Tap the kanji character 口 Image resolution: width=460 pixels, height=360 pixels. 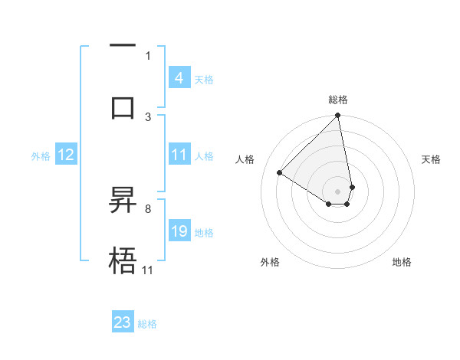coord(123,106)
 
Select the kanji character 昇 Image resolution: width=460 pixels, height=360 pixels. coord(123,201)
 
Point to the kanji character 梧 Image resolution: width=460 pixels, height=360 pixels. coord(123,260)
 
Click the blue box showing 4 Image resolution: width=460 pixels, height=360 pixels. coord(179,77)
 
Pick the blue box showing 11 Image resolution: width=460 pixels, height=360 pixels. coord(179,155)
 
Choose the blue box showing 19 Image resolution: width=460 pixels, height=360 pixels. coord(179,231)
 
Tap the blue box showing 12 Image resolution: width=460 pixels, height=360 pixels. coord(66,155)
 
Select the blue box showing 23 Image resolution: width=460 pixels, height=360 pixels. coord(123,322)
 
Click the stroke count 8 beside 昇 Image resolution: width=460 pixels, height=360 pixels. coord(147,208)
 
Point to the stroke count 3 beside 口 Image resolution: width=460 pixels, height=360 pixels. coord(148,116)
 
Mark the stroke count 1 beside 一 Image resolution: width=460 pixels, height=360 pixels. coord(148,55)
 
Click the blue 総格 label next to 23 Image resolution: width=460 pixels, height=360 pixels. coord(147,324)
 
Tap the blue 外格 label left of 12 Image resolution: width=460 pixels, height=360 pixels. coord(41,156)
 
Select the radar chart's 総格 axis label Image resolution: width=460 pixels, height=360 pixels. coord(338,100)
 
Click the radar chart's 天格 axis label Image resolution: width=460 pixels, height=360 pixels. coord(431,159)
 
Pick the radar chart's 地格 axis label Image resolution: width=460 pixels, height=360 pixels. coord(402,262)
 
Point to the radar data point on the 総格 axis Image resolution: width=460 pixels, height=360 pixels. coord(338,116)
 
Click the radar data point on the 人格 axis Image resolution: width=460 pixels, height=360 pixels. coord(280,173)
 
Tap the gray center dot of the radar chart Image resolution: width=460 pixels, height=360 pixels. coord(338,191)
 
